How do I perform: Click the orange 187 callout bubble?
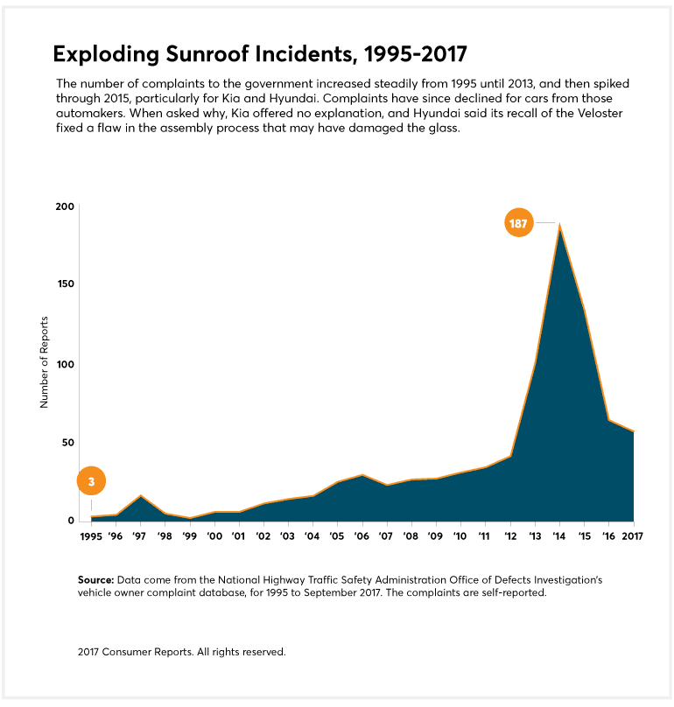pyautogui.click(x=518, y=223)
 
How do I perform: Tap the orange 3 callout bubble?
pyautogui.click(x=91, y=481)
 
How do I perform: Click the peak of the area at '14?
pyautogui.click(x=559, y=226)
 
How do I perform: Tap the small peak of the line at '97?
pyautogui.click(x=141, y=496)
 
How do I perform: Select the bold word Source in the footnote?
pyautogui.click(x=95, y=580)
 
